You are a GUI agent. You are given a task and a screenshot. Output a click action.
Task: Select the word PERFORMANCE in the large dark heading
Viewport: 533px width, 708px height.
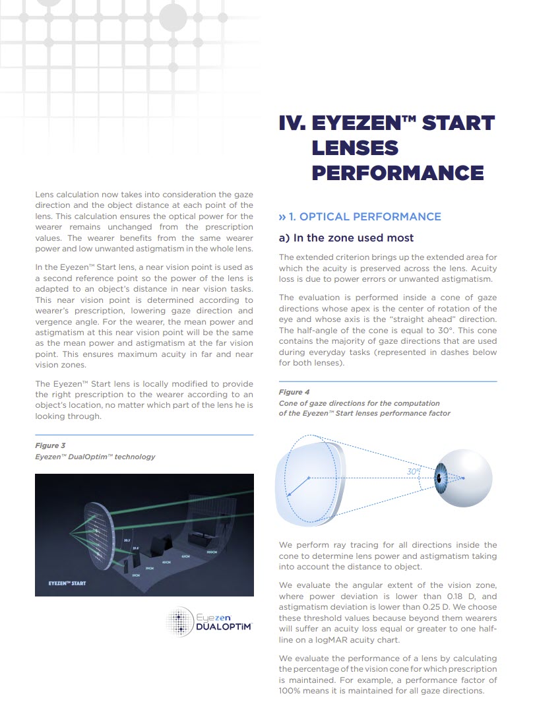coord(398,173)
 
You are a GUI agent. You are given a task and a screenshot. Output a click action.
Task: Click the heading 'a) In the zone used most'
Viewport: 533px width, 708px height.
coord(346,238)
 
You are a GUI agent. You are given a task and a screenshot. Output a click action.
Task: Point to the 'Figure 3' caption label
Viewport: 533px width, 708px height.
coord(50,445)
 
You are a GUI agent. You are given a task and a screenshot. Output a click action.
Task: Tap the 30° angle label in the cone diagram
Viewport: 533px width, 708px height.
coord(413,472)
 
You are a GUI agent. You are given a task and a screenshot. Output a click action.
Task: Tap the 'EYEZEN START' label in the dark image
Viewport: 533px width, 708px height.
coord(67,583)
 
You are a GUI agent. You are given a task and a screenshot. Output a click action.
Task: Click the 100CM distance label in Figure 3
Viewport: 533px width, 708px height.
coord(211,552)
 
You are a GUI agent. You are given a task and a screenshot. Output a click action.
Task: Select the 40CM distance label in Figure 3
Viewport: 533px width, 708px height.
coord(166,562)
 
